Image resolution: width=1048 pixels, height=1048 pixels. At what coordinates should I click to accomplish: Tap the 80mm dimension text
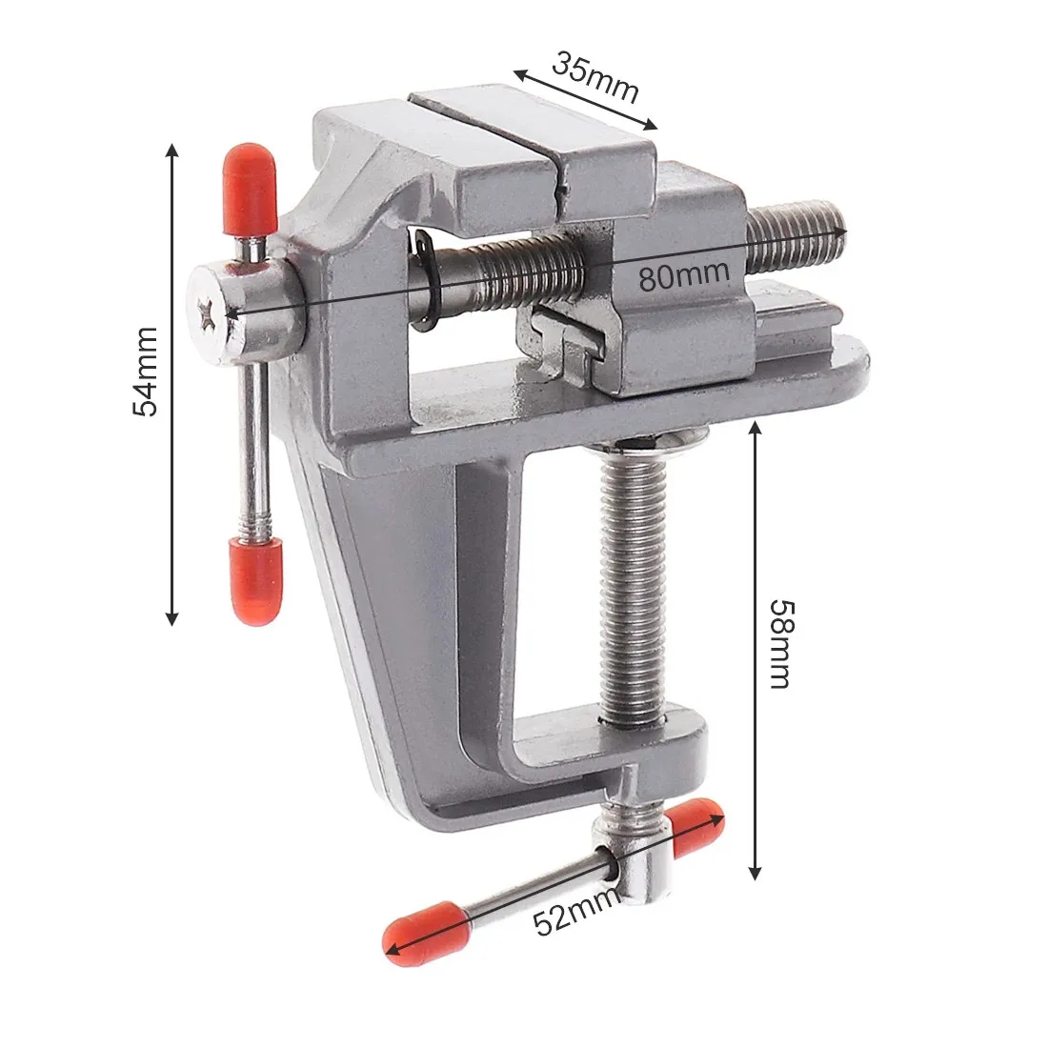(684, 275)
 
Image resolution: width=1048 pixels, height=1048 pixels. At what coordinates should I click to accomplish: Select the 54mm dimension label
(145, 372)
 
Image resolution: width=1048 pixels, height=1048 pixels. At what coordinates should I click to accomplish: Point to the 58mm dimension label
(779, 643)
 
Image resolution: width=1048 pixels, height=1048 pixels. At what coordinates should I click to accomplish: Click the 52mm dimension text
(570, 918)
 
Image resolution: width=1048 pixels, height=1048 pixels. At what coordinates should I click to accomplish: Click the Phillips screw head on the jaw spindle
(209, 311)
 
